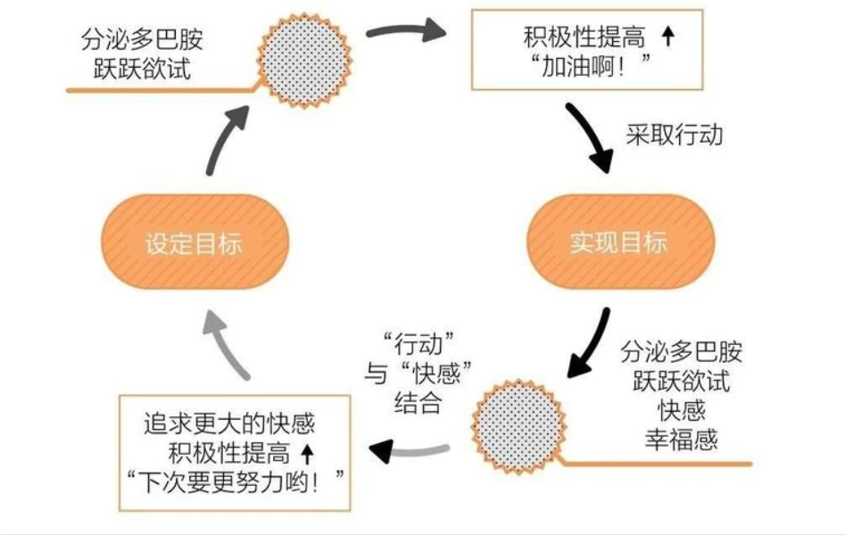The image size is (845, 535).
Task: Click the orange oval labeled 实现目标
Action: coord(619,242)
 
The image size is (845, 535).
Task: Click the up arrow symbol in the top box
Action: coord(667,37)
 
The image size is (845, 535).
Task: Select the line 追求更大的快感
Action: coord(229,424)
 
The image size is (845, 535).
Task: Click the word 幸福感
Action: coord(683,440)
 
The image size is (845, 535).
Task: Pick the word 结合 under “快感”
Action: coord(418,403)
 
